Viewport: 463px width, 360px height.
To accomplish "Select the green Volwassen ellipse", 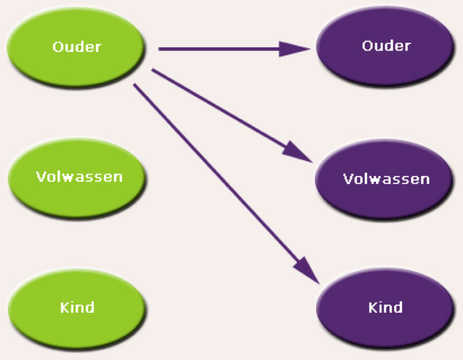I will [x=78, y=177].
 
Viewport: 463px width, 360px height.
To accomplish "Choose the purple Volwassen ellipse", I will [x=385, y=178].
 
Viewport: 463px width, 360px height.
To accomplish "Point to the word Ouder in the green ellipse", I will [x=77, y=47].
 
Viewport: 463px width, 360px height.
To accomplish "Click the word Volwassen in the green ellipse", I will [x=79, y=176].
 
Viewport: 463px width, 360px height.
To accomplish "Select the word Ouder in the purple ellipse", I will [x=386, y=45].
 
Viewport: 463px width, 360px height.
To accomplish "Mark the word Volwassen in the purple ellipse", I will [x=387, y=178].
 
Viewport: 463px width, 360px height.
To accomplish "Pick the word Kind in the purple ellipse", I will [x=385, y=306].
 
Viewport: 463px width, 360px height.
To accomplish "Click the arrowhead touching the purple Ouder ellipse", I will [x=295, y=49].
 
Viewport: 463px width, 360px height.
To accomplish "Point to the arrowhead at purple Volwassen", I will [x=300, y=153].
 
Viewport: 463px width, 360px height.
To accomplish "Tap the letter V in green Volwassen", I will [x=40, y=176].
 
